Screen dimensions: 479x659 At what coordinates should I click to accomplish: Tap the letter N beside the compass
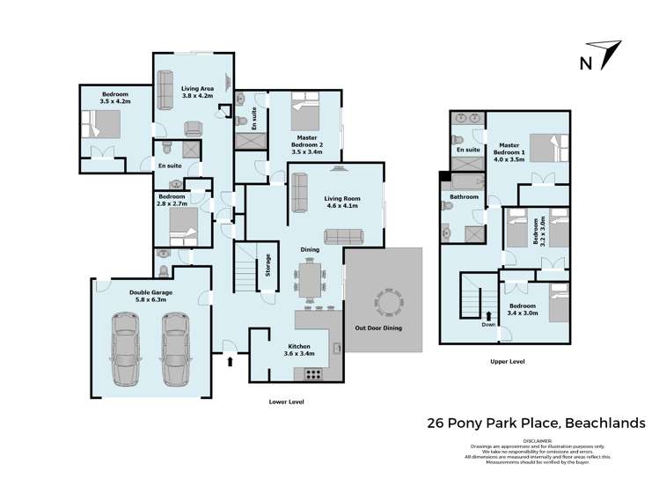tap(585, 62)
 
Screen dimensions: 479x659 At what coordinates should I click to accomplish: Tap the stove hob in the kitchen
tap(312, 374)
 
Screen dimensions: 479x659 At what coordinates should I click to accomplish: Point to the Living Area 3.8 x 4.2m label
tap(199, 92)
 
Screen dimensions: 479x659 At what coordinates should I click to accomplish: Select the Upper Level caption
tap(507, 362)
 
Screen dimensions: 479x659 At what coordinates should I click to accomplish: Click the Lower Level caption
tap(286, 402)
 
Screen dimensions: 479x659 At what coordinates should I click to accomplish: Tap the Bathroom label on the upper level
tap(464, 197)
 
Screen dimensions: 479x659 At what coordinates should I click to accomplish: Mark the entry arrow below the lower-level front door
tap(231, 359)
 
